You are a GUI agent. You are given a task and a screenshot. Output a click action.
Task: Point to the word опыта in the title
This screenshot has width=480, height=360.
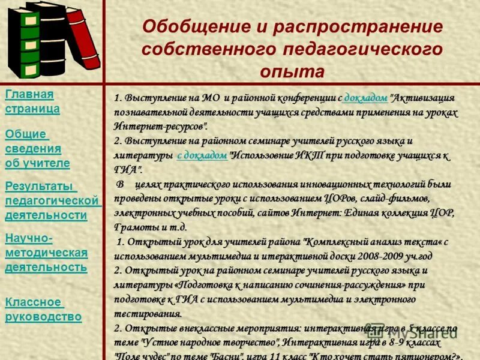pos(292,71)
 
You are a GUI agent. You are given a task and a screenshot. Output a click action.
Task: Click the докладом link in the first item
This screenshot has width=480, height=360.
pos(367,98)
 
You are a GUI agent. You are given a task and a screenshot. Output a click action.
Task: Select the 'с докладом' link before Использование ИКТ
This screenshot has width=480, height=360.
pos(203,155)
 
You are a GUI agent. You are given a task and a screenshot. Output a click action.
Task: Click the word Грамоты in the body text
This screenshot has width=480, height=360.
pos(133,227)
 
